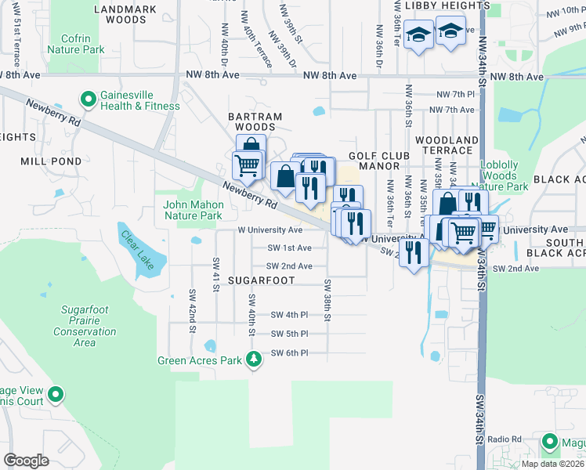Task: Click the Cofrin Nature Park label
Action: click(x=75, y=44)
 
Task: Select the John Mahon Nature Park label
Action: click(x=193, y=210)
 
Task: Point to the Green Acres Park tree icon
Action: click(x=253, y=360)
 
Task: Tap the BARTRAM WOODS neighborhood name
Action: click(x=255, y=121)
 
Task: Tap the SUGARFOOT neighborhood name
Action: click(x=261, y=280)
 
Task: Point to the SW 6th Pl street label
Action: click(x=289, y=353)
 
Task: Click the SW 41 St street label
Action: click(x=215, y=271)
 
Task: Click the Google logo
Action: click(x=26, y=461)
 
